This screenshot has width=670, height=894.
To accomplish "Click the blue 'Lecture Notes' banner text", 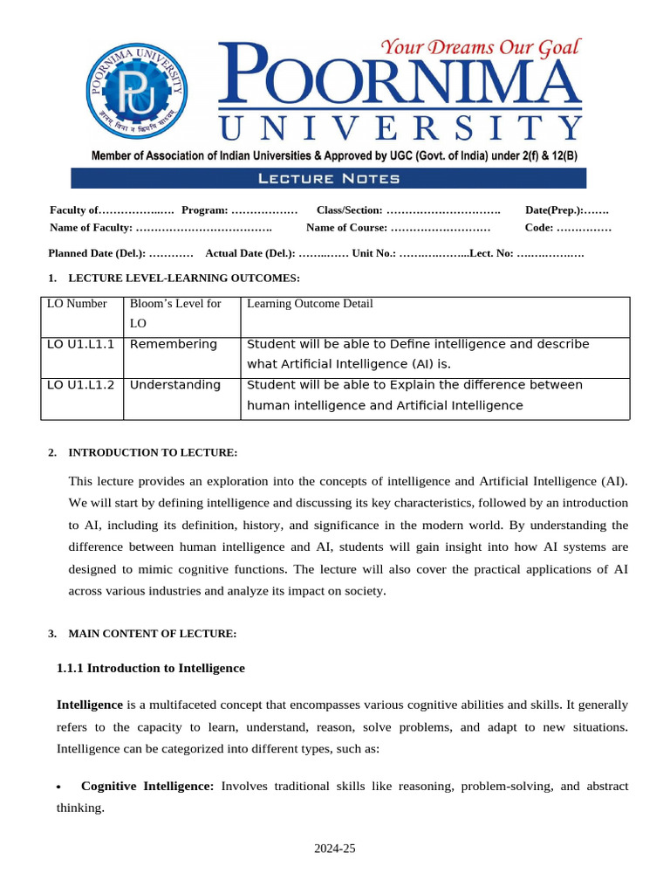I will [329, 179].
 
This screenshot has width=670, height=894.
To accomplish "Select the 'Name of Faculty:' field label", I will [91, 228].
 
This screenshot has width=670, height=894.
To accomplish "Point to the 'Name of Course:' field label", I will [346, 228].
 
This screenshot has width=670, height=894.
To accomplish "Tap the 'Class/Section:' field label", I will [349, 210].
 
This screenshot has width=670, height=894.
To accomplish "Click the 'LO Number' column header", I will [77, 304].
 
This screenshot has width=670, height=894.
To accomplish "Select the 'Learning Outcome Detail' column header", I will [310, 304].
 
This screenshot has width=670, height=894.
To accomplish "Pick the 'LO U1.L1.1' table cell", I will [80, 344].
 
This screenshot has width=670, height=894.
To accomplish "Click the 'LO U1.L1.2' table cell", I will [80, 385].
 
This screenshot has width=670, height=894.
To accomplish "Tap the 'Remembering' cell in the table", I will [173, 344].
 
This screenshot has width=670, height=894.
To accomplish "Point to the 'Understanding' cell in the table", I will [175, 385].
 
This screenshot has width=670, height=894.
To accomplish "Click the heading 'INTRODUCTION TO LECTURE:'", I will [153, 452].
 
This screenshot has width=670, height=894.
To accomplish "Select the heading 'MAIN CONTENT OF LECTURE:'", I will [153, 633].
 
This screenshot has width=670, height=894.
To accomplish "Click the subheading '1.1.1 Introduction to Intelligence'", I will [151, 668].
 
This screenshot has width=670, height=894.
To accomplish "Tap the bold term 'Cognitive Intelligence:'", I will [147, 787].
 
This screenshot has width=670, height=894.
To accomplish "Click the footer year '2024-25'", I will [336, 849].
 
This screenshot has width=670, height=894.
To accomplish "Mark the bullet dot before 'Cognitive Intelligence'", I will [59, 787].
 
